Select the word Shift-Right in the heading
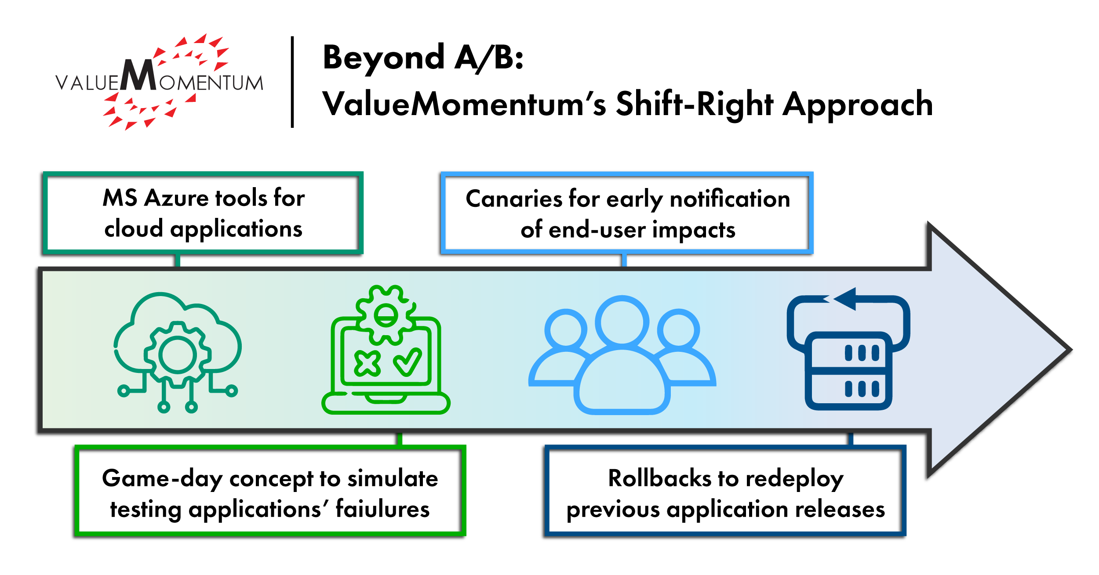coord(695,105)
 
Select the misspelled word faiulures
coord(382,510)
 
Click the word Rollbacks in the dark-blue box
coord(659,478)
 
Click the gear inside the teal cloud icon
coord(177,354)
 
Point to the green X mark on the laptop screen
coord(368,364)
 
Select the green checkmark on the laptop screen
coord(408,362)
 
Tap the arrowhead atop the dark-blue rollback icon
coord(845,299)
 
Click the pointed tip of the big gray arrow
coord(1071,350)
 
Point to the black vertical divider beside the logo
coord(292,82)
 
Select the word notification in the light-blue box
coord(730,199)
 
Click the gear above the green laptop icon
coord(386,315)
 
